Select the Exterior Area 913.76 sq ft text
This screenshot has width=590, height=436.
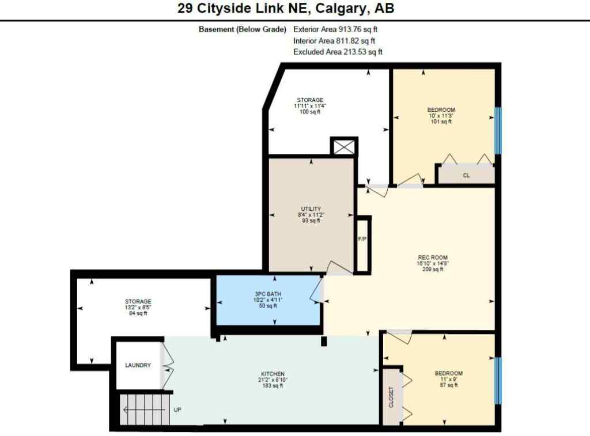click(335, 29)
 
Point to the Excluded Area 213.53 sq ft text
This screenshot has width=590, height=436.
click(338, 52)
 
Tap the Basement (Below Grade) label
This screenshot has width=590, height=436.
click(243, 29)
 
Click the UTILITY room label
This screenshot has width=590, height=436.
click(311, 208)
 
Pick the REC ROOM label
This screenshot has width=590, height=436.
click(433, 257)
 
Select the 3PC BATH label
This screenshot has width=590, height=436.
click(268, 294)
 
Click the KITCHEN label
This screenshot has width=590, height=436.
click(272, 374)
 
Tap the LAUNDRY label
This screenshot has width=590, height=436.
click(138, 365)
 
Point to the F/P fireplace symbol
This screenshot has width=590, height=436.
click(362, 239)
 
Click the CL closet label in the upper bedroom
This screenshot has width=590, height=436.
click(466, 176)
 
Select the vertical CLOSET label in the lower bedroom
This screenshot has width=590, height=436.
click(392, 397)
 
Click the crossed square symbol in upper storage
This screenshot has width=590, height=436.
click(344, 146)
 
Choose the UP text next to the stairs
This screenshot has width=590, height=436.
click(178, 411)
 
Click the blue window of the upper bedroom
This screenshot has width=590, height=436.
click(498, 131)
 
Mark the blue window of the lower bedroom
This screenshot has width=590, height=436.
click(498, 380)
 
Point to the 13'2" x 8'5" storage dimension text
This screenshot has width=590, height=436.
click(138, 308)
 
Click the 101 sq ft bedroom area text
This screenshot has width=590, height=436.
click(441, 122)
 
